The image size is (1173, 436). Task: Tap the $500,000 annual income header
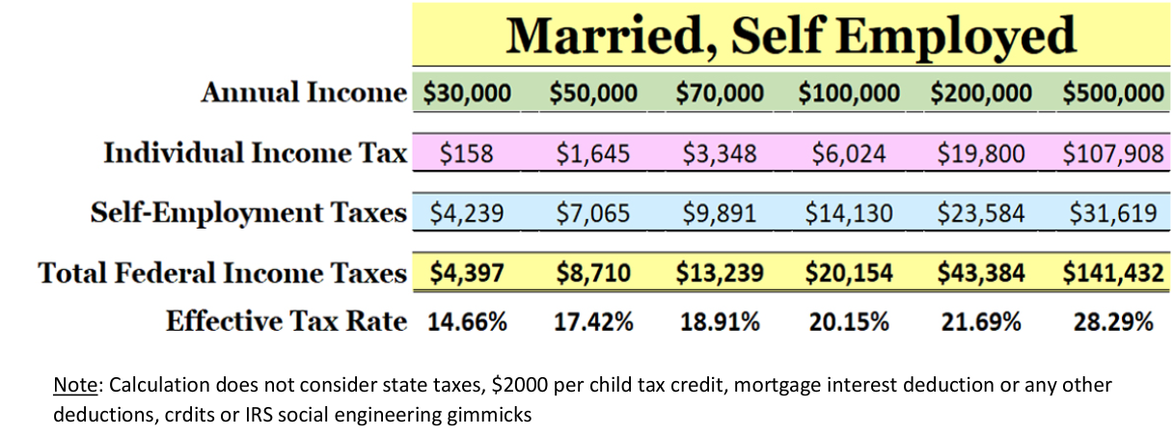pyautogui.click(x=1112, y=93)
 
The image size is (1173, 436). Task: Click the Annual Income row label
pyautogui.click(x=304, y=93)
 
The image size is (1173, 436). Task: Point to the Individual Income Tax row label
pyautogui.click(x=256, y=153)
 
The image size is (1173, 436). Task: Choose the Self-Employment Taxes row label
pyautogui.click(x=248, y=212)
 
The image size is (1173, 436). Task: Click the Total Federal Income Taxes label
pyautogui.click(x=222, y=273)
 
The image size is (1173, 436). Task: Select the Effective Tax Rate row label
pyautogui.click(x=286, y=321)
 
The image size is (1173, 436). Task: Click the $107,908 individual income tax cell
pyautogui.click(x=1112, y=153)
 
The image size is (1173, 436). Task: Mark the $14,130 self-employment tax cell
pyautogui.click(x=848, y=212)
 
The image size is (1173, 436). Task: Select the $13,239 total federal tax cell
pyautogui.click(x=720, y=273)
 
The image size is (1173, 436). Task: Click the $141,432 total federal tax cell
pyautogui.click(x=1112, y=273)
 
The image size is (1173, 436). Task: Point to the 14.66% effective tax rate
pyautogui.click(x=467, y=321)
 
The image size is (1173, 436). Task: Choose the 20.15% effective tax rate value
pyautogui.click(x=849, y=321)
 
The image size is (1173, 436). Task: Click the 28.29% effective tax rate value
pyautogui.click(x=1113, y=321)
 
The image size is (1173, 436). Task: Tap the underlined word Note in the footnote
pyautogui.click(x=75, y=386)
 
